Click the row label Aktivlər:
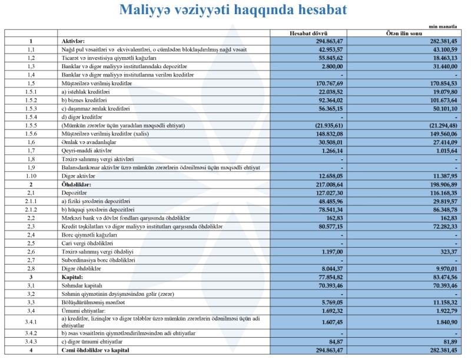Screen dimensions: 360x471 (74, 41)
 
